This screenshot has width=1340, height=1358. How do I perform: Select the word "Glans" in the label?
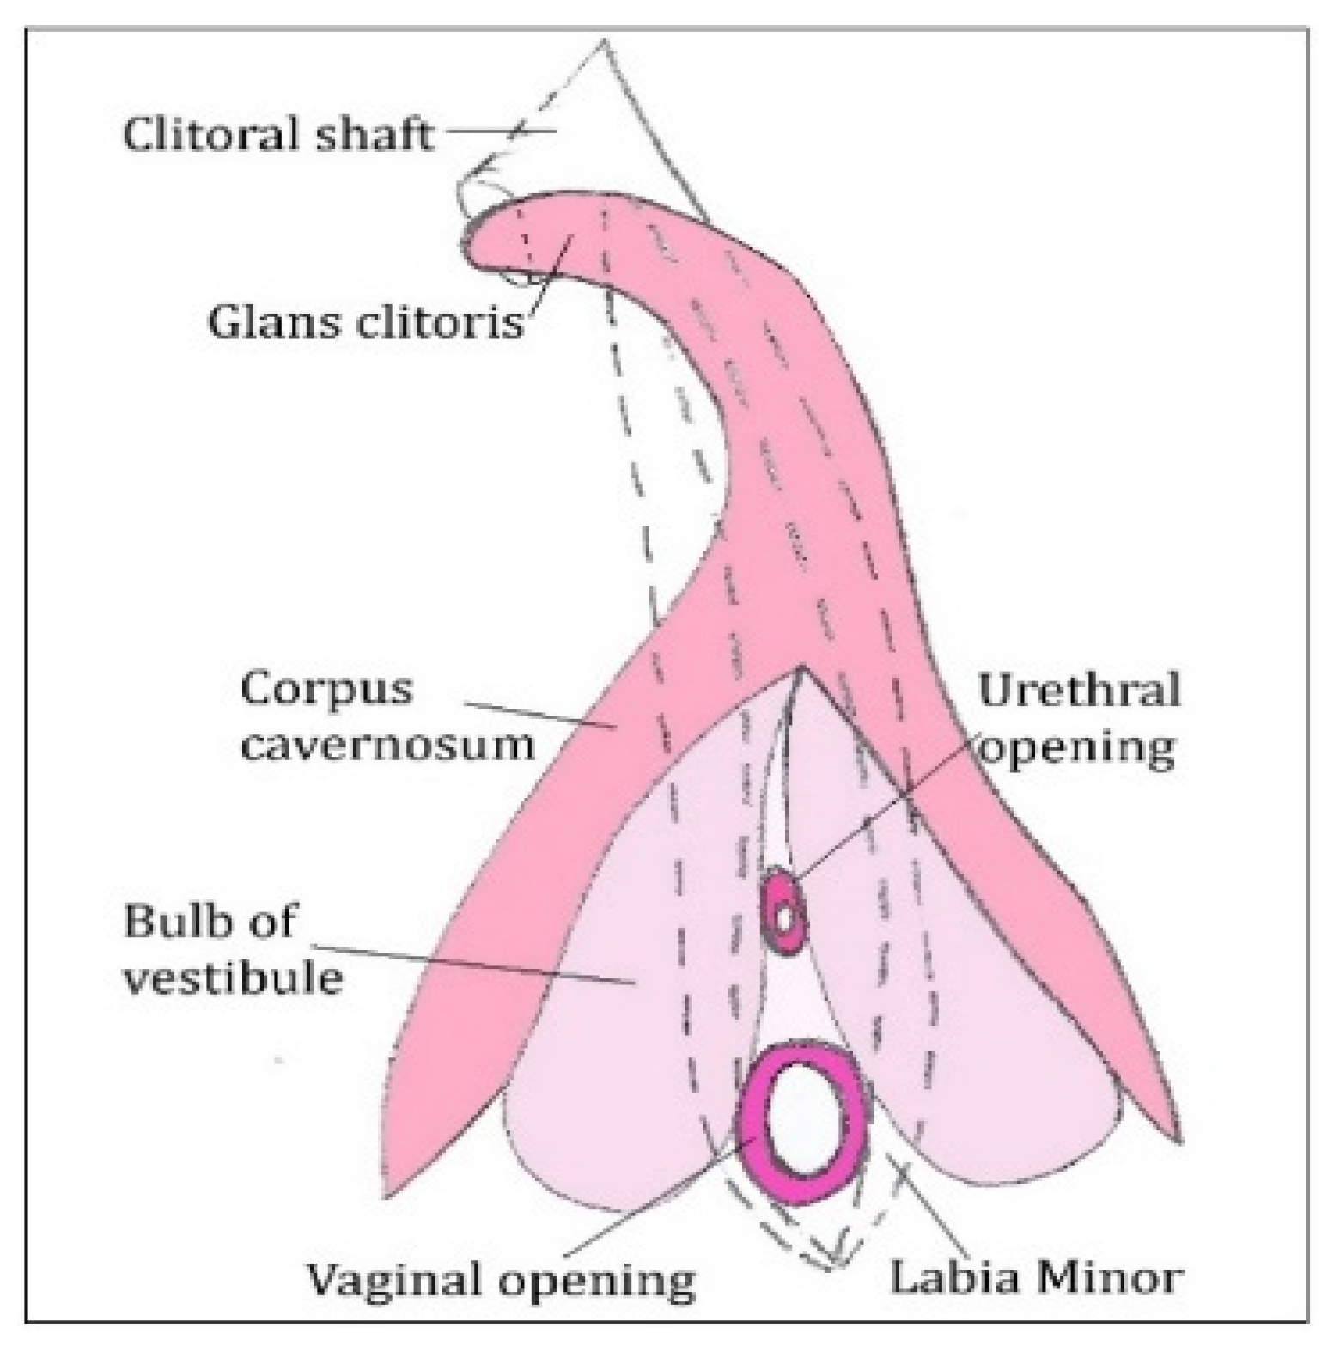pyautogui.click(x=261, y=322)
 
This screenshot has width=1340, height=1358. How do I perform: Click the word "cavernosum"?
pyautogui.click(x=387, y=744)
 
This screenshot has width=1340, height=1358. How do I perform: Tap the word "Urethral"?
pyautogui.click(x=1079, y=690)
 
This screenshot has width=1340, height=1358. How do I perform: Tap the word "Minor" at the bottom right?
pyautogui.click(x=1109, y=1277)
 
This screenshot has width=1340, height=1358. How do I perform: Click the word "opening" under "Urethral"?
pyautogui.click(x=1077, y=746)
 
